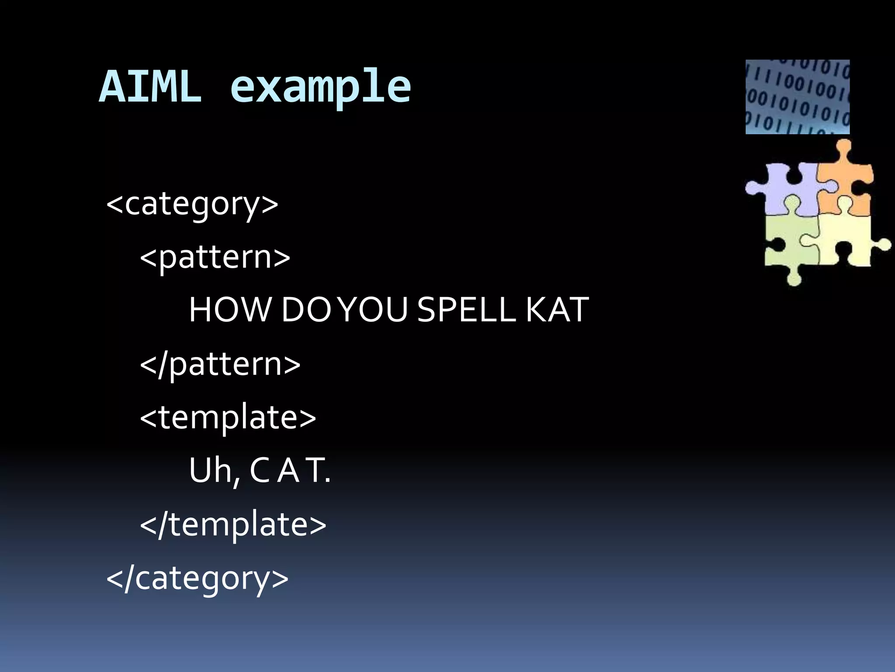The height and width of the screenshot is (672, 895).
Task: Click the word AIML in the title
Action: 150,87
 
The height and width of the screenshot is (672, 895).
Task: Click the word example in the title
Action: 320,87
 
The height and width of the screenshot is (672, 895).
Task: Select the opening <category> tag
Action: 192,204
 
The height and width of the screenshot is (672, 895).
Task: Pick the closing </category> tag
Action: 198,578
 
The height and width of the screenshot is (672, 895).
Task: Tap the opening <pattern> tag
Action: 215,257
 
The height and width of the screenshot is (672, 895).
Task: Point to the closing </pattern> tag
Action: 220,364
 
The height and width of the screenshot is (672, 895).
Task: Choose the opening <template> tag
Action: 228,417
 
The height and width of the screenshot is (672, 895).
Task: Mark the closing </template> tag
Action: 233,524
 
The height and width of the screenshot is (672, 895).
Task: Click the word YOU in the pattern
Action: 374,310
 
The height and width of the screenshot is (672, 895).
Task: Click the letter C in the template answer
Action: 260,471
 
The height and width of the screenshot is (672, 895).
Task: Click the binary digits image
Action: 798,97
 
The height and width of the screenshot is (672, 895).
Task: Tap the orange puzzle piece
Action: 846,184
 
